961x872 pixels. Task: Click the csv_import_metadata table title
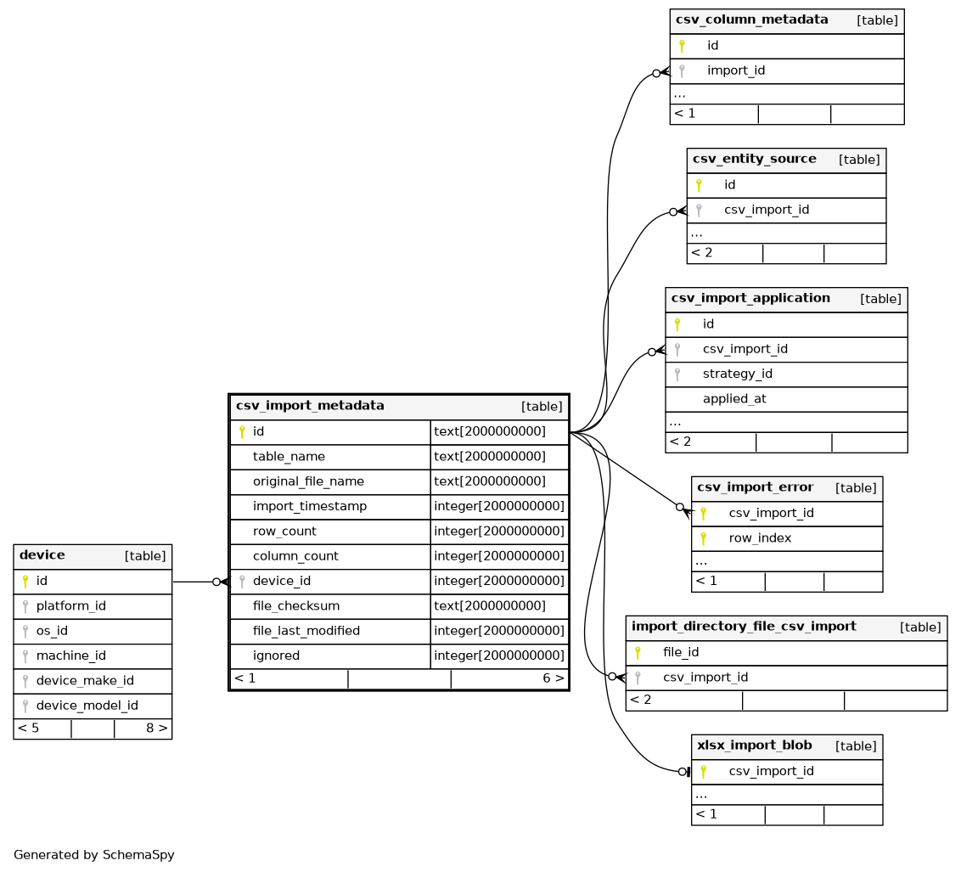click(x=310, y=406)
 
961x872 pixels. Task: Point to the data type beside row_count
click(x=499, y=532)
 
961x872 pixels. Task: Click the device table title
click(x=42, y=555)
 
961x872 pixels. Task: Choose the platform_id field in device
click(x=71, y=606)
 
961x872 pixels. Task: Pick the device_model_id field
click(x=87, y=706)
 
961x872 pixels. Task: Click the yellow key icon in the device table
click(x=25, y=582)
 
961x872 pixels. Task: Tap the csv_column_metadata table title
click(x=752, y=20)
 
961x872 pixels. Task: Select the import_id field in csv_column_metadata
click(x=736, y=70)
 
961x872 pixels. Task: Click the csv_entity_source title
click(x=755, y=159)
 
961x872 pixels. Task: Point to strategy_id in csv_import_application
click(x=737, y=374)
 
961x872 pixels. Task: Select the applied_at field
click(x=734, y=399)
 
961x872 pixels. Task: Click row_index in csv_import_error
click(x=760, y=538)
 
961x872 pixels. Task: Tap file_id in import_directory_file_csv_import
click(x=681, y=652)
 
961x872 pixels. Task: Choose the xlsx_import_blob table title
click(x=755, y=745)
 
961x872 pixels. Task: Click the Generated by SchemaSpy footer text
click(x=93, y=855)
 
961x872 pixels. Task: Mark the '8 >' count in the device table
click(x=156, y=728)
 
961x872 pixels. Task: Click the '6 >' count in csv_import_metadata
click(x=554, y=678)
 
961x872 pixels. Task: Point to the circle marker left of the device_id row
click(x=216, y=582)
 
